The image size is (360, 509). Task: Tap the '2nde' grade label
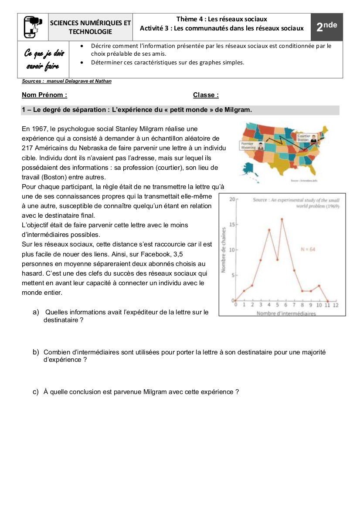tap(326, 27)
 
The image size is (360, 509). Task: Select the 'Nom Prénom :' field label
tap(44, 95)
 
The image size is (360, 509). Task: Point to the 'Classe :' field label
tap(206, 95)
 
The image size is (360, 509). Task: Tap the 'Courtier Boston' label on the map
tap(303, 137)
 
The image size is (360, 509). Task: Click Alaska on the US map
tap(250, 169)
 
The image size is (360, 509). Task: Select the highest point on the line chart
tap(282, 219)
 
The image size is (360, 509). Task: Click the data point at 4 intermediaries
tap(269, 229)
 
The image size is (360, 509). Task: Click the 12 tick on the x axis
tap(336, 305)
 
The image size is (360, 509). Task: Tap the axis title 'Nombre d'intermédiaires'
tap(286, 313)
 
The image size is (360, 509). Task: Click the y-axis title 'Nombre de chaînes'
tap(223, 250)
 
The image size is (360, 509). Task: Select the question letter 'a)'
tap(36, 312)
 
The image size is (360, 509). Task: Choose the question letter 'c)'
tap(36, 392)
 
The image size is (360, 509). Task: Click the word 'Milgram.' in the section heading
tap(238, 110)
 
